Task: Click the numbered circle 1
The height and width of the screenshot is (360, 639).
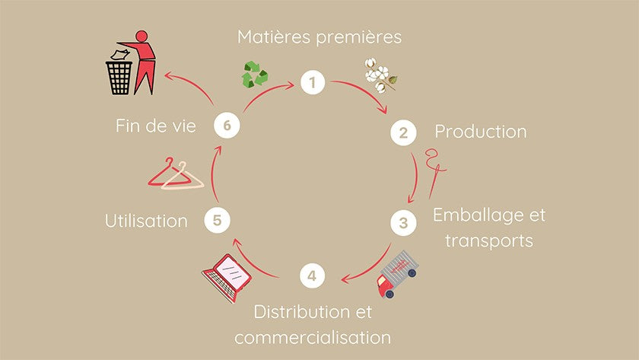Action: (313, 82)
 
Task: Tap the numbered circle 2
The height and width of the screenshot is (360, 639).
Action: (403, 132)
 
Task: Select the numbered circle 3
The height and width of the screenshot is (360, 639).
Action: (403, 222)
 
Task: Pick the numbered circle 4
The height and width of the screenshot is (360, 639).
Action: (312, 276)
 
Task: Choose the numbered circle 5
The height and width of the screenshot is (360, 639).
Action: (218, 220)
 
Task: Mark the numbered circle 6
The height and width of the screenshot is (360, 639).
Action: (227, 125)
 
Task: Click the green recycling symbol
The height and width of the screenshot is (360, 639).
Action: (255, 75)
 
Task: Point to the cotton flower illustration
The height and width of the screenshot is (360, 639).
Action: (380, 75)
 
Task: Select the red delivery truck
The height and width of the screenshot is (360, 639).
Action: (397, 273)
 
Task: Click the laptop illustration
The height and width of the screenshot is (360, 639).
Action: (227, 278)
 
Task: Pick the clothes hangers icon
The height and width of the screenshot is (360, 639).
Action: (176, 174)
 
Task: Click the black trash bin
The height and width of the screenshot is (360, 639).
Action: (119, 78)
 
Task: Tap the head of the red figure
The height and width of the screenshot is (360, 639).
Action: (141, 36)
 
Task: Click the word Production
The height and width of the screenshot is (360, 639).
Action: (481, 132)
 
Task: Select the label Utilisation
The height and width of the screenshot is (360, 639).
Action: (146, 221)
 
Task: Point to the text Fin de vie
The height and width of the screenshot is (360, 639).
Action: (156, 126)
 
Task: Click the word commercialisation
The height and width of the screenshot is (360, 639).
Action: (313, 338)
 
